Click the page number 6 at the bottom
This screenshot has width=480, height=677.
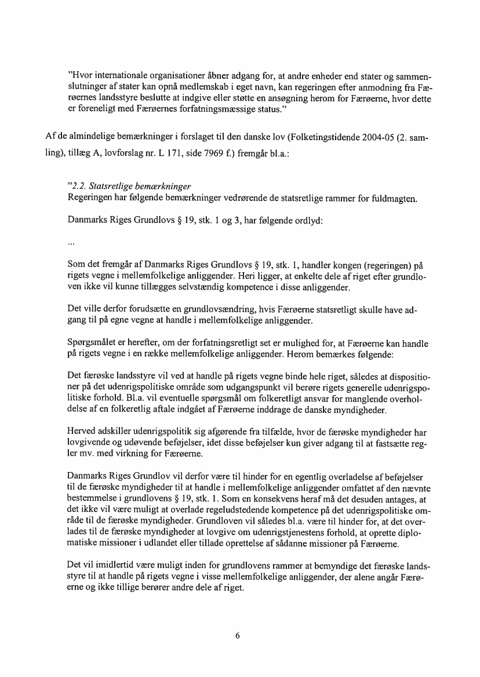pos(238,635)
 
